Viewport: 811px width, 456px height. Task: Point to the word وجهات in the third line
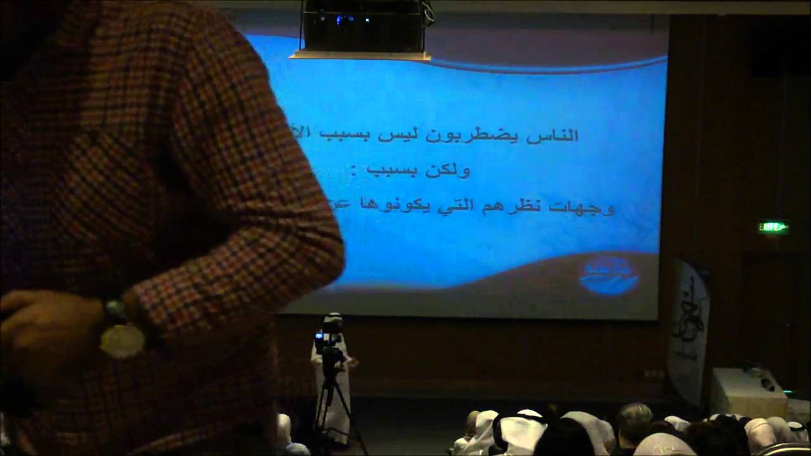[x=586, y=207]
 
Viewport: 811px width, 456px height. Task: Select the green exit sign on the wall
[x=774, y=227]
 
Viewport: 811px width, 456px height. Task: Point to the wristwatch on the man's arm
[x=122, y=336]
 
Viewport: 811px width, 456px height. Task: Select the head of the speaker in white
[x=333, y=322]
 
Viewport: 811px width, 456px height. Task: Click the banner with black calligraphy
[x=687, y=329]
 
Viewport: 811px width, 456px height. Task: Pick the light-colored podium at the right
[x=748, y=393]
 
